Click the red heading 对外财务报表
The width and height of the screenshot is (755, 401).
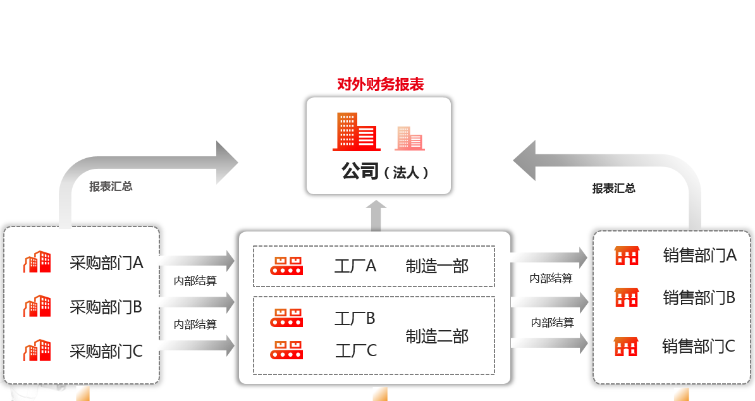[x=380, y=84]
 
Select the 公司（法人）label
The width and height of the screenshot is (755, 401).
[x=385, y=171]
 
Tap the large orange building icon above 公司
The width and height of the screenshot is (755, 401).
[x=356, y=132]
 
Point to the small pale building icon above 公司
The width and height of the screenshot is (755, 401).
[x=409, y=138]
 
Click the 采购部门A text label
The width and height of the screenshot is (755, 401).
[x=106, y=262]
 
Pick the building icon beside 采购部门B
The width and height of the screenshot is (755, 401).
[x=37, y=307]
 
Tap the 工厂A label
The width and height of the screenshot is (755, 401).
[x=355, y=266]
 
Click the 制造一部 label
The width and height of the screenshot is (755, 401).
[x=437, y=266]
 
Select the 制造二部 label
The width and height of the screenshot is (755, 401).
[x=437, y=336]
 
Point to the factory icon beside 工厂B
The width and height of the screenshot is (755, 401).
[x=286, y=318]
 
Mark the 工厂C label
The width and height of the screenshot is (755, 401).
[x=355, y=350]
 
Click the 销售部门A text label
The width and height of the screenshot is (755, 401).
[x=699, y=256]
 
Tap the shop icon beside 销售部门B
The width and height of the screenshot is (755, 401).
[x=627, y=297]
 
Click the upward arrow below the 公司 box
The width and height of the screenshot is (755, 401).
[x=376, y=216]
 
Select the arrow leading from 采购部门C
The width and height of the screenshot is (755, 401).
[x=197, y=345]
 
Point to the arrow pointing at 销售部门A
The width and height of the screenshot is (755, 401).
[x=549, y=257]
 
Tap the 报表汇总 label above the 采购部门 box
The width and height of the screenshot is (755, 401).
[x=111, y=186]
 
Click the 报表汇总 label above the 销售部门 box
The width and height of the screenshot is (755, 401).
[x=613, y=188]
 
